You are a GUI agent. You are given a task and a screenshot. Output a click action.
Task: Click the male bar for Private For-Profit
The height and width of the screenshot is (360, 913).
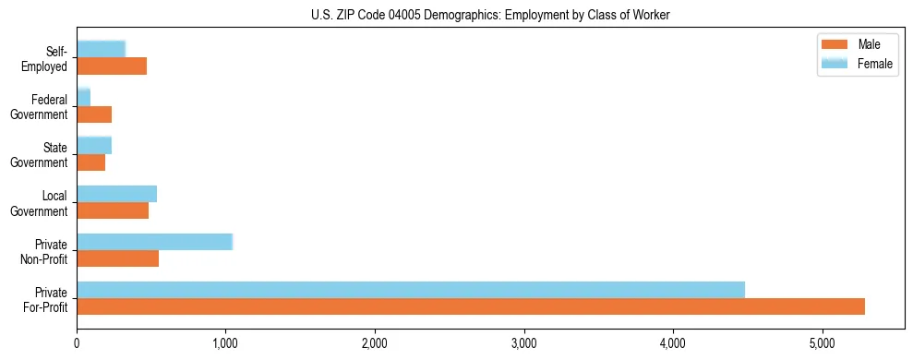tap(471, 306)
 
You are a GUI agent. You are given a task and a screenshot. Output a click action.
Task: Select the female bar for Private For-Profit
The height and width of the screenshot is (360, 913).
tap(411, 290)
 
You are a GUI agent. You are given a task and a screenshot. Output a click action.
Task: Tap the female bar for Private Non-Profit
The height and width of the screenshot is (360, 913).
tap(155, 242)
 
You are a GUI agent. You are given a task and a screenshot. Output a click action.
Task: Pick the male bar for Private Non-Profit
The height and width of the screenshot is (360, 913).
tap(118, 258)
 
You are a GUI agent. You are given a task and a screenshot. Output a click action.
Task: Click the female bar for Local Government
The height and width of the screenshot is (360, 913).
tap(117, 194)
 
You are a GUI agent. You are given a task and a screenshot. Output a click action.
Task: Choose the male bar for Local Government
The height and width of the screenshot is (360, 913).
tap(113, 210)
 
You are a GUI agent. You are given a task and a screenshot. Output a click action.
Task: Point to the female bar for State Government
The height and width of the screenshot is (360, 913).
tap(94, 145)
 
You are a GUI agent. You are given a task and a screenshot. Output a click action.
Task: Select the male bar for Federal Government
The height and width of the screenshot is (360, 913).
tap(94, 114)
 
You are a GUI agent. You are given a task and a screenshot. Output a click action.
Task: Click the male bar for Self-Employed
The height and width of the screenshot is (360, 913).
tap(112, 66)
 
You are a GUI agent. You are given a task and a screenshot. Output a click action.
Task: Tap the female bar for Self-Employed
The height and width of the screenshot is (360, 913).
tap(101, 50)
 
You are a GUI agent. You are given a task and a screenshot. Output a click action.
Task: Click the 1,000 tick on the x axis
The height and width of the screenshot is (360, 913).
tap(225, 342)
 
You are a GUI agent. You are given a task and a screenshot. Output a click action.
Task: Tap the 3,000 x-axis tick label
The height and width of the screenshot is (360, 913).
tap(523, 342)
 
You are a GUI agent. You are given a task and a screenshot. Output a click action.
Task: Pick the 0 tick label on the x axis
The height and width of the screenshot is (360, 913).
tap(78, 342)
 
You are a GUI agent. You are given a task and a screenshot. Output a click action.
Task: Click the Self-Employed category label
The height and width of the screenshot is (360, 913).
tap(49, 58)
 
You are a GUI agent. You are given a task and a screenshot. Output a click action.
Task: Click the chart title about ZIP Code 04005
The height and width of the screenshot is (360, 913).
tap(490, 15)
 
